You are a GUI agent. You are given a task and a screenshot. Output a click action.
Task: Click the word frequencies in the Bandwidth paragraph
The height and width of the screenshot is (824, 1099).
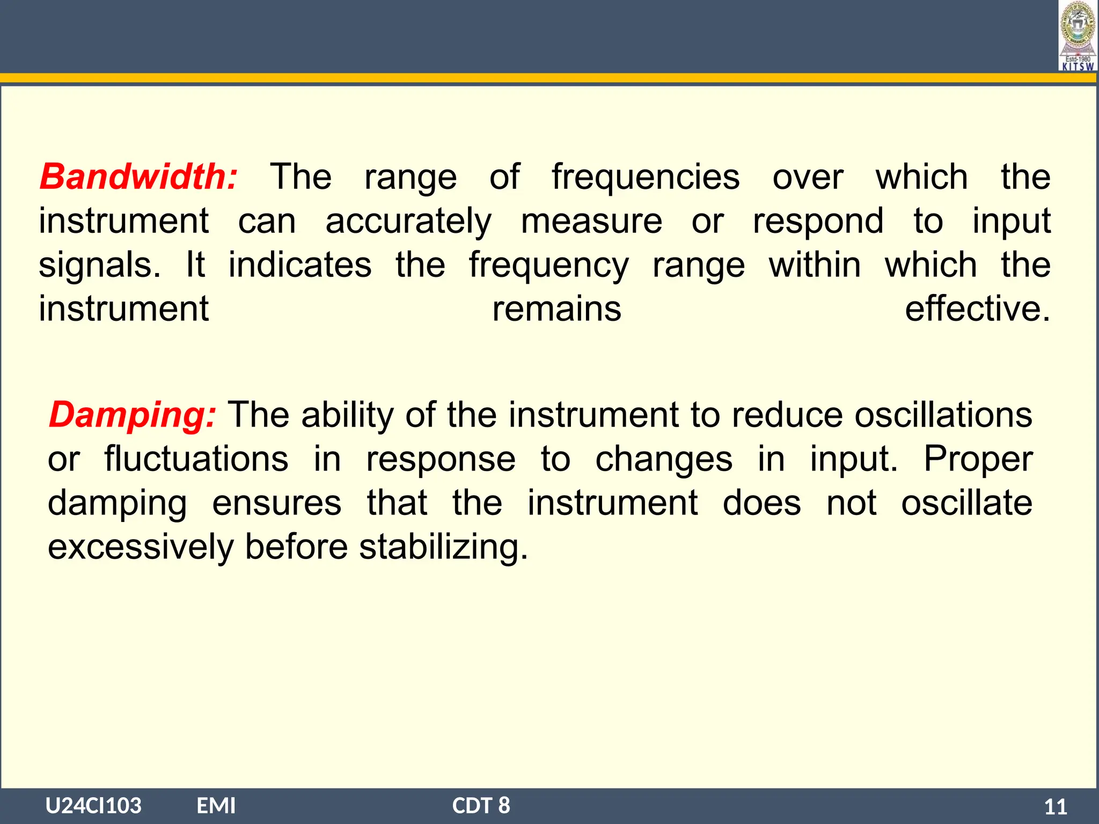(646, 178)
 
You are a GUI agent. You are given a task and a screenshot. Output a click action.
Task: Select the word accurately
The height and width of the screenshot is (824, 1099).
(408, 222)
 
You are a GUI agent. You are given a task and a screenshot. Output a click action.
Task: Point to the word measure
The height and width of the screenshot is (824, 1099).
(591, 221)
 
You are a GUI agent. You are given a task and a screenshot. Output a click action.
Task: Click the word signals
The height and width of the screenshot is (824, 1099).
(99, 265)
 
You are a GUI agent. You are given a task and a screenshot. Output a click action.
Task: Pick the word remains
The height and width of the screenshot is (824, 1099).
(556, 309)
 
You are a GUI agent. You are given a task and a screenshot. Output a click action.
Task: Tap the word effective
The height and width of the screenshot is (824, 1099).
(977, 309)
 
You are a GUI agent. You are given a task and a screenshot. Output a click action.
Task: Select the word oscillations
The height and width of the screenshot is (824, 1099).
(943, 415)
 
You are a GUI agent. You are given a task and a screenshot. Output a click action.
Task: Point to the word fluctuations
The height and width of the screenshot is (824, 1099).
(196, 459)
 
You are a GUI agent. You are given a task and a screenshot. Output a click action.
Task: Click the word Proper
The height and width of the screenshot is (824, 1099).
(978, 459)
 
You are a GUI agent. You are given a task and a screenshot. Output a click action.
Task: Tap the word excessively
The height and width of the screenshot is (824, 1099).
(141, 547)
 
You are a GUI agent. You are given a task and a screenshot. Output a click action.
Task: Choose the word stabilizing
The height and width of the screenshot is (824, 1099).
(443, 547)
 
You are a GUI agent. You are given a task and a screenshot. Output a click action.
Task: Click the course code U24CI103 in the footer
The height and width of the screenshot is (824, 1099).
(93, 805)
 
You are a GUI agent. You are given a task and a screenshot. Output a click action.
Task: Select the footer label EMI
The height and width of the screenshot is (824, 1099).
(216, 805)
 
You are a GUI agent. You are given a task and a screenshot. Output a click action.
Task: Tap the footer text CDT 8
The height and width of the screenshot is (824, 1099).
(481, 805)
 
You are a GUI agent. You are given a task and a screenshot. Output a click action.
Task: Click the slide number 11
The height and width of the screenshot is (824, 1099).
(1055, 807)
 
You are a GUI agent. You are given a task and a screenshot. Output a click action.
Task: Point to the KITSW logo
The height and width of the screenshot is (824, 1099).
(1078, 36)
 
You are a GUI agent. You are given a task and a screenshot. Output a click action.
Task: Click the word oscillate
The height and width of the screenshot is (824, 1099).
(966, 503)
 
